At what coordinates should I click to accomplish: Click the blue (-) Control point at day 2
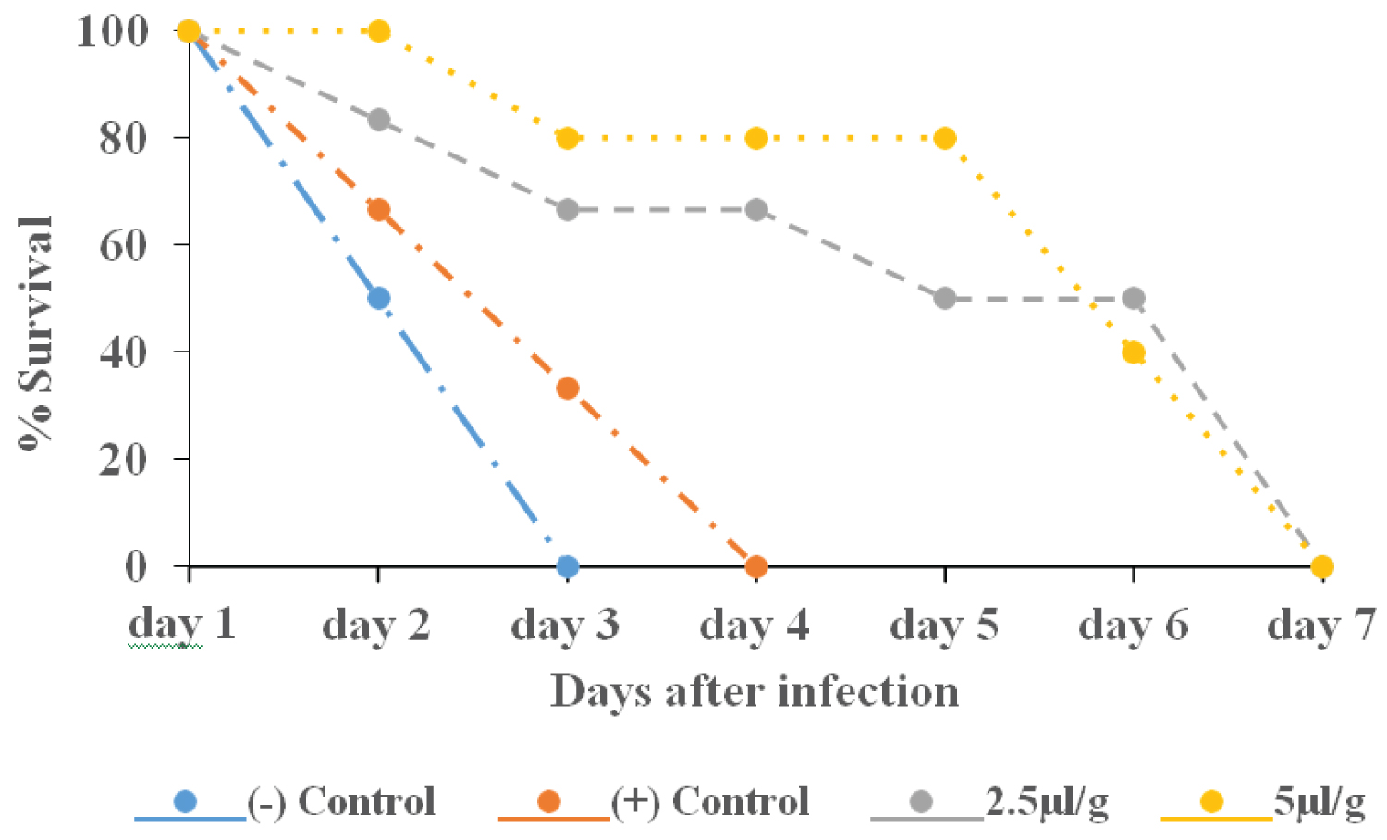(378, 298)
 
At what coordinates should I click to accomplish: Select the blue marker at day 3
(568, 566)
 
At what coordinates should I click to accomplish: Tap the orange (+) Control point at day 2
(378, 210)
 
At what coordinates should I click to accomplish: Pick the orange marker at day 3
(568, 388)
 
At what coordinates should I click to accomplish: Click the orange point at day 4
(756, 566)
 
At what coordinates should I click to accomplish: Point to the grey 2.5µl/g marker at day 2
(378, 120)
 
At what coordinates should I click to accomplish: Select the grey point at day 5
(944, 299)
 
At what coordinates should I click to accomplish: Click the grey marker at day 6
(1134, 298)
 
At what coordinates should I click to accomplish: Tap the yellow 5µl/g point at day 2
(378, 31)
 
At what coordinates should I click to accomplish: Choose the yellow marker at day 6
(1134, 352)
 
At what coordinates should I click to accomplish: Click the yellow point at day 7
(1322, 566)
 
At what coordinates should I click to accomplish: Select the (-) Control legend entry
(340, 802)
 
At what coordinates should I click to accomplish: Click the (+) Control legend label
(709, 802)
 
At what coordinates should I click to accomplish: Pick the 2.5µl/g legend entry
(1046, 802)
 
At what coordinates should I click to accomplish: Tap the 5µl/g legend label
(1319, 802)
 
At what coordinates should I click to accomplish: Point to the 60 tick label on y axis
(124, 245)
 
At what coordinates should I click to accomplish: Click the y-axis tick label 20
(124, 459)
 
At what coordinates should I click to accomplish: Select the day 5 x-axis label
(944, 626)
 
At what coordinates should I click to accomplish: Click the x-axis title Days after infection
(755, 692)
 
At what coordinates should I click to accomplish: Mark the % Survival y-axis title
(37, 333)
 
